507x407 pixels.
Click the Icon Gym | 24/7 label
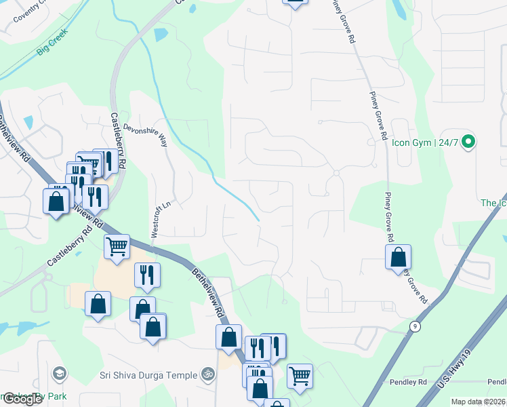pyautogui.click(x=426, y=142)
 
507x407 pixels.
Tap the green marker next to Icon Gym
pyautogui.click(x=468, y=142)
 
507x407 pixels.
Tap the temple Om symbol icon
pyautogui.click(x=208, y=374)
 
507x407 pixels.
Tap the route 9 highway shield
pyautogui.click(x=414, y=326)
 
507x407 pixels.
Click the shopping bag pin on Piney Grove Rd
pyautogui.click(x=399, y=258)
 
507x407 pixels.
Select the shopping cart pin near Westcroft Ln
pyautogui.click(x=117, y=247)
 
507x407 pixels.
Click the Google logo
pyautogui.click(x=22, y=399)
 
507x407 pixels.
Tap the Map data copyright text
pyautogui.click(x=479, y=402)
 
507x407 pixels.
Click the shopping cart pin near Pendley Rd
pyautogui.click(x=299, y=374)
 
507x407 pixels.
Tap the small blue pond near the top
pyautogui.click(x=161, y=35)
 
